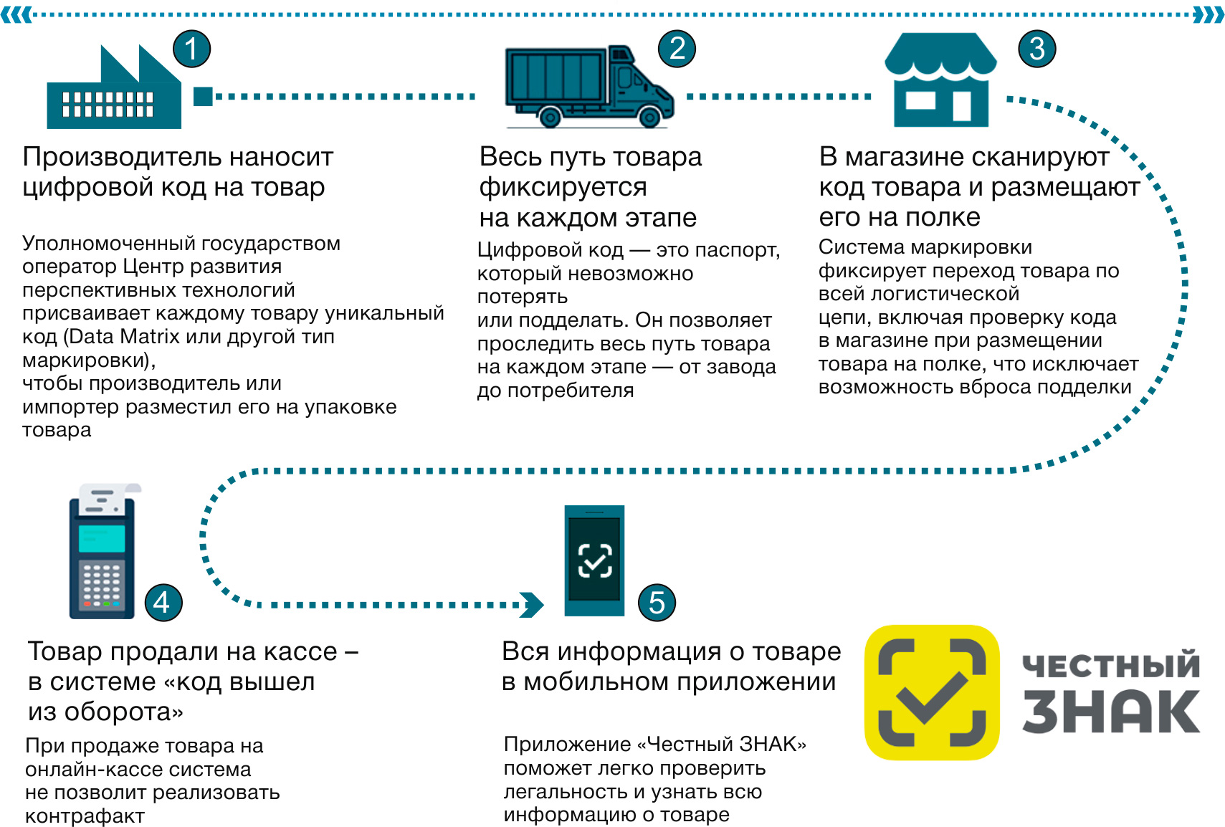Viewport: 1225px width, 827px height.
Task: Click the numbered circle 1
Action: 191,49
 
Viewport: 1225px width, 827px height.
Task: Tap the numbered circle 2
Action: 677,49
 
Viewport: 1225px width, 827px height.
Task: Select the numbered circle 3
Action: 1037,49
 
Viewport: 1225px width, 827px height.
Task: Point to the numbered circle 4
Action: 163,603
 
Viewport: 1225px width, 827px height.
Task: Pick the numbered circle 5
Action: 657,603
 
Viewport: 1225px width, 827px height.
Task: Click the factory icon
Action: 114,87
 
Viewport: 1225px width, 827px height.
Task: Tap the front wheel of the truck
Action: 649,117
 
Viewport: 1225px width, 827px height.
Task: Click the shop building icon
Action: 940,80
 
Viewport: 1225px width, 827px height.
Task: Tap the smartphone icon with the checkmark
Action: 594,560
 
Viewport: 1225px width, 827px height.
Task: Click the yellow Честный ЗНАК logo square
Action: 932,692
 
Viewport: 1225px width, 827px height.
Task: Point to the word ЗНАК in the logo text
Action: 1111,711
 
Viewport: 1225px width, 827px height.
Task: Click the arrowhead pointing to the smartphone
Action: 532,605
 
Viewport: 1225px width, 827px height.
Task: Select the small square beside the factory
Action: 203,96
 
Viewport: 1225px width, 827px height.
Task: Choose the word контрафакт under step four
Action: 85,816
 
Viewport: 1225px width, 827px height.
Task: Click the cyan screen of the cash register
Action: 102,538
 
